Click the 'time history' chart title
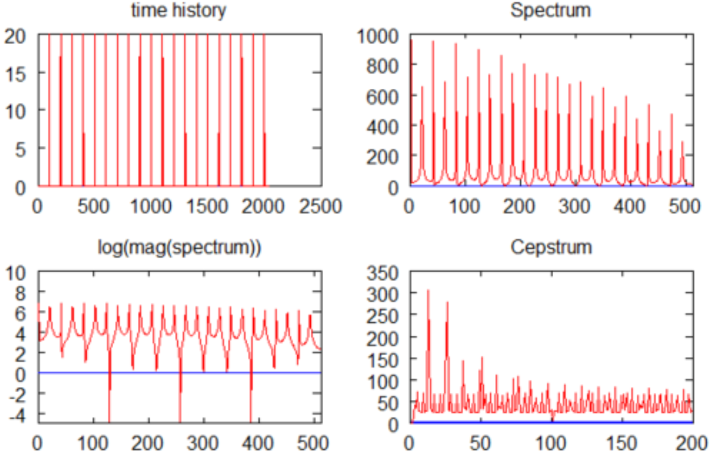(178, 10)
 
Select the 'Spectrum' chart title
(551, 10)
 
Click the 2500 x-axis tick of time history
(322, 206)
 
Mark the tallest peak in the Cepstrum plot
(428, 291)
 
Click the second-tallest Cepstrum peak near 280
(447, 302)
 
